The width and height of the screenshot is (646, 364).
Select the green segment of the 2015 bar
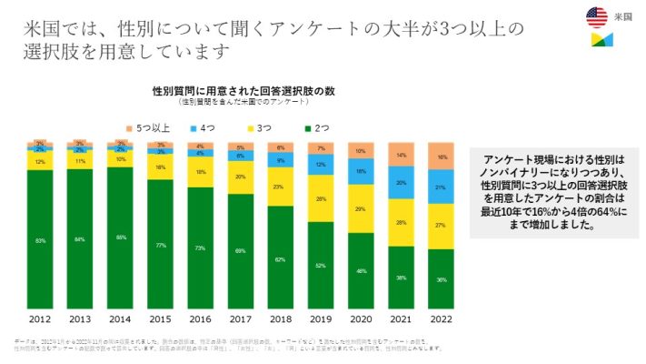point(161,245)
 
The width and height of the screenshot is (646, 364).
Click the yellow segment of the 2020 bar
point(361,209)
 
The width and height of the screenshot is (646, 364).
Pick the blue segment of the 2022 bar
point(441,187)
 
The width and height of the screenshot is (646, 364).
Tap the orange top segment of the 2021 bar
point(401,155)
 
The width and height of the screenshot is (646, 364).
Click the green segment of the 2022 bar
point(441,279)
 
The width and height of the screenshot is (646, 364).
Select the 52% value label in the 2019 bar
point(321,266)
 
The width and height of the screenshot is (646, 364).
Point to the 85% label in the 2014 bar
point(120,238)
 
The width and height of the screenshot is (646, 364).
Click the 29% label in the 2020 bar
point(361,209)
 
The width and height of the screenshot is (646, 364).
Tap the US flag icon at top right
point(597,15)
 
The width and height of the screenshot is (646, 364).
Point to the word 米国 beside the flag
point(624,15)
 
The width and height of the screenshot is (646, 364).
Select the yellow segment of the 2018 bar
point(281,187)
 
